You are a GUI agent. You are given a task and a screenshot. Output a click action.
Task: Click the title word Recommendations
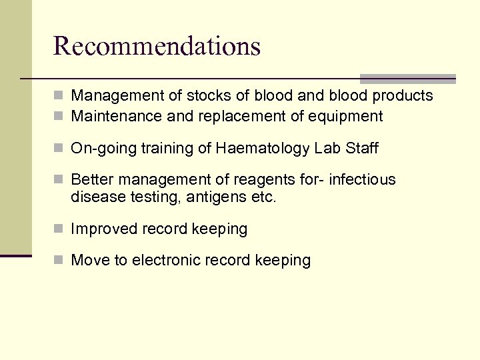pyautogui.click(x=157, y=46)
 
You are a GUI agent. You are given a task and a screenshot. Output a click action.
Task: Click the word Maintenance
pyautogui.click(x=117, y=117)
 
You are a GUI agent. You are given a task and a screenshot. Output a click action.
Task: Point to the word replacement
pyautogui.click(x=242, y=117)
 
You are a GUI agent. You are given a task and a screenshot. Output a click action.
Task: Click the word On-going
pyautogui.click(x=103, y=149)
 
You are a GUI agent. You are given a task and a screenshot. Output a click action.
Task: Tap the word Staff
pyautogui.click(x=361, y=148)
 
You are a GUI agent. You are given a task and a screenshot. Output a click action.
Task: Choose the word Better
pyautogui.click(x=93, y=180)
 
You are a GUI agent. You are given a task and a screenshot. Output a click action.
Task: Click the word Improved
pyautogui.click(x=103, y=229)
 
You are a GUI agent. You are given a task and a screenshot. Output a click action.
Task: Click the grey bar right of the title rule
pyautogui.click(x=407, y=79)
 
